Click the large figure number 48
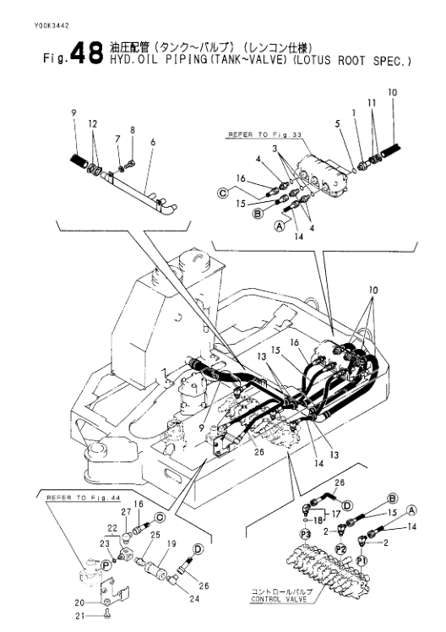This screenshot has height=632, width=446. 86,54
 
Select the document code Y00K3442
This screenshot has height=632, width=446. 52,26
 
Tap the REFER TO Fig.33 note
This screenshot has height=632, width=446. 264,134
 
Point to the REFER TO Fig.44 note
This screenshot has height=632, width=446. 84,498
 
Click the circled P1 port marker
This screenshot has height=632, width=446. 362,561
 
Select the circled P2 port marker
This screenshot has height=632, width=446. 341,549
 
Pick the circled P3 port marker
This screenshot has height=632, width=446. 306,535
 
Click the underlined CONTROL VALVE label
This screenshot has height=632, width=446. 279,599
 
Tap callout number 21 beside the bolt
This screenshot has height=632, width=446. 80,616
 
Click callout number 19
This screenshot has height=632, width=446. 171,543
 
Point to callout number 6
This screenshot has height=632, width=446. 153,142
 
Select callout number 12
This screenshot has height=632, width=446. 93,123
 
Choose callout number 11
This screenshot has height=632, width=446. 372,103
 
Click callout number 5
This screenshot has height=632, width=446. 338,123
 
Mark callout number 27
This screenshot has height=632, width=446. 127,512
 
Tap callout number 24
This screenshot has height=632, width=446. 194,599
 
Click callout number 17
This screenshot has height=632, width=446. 335,514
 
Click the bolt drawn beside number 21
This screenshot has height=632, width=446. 106,614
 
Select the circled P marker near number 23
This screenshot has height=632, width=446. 106,565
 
